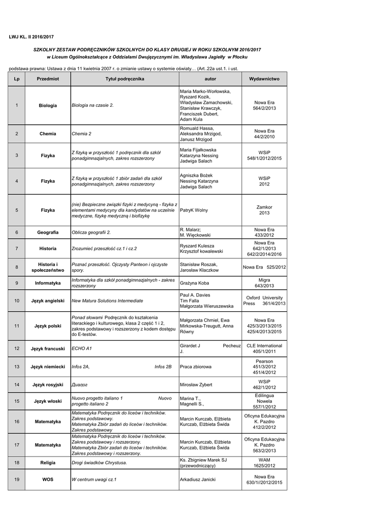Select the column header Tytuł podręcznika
tap(125, 79)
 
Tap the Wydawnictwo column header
tap(264, 79)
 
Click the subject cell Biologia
tap(48, 105)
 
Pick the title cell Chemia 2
tap(82, 134)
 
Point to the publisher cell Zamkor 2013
tap(264, 210)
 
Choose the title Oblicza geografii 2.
tap(91, 232)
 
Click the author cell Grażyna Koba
tap(194, 283)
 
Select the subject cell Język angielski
tap(48, 300)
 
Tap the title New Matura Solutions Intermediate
tap(107, 300)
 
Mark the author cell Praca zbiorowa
tap(195, 367)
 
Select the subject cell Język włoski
tap(48, 401)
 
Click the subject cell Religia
tap(48, 463)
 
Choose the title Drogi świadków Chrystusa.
tap(99, 463)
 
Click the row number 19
tap(16, 479)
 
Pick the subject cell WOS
tap(48, 479)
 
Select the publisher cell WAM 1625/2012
tap(264, 463)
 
